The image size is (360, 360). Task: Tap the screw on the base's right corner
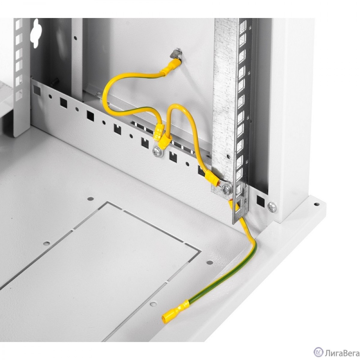coord(272,207)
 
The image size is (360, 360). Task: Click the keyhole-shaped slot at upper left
coord(36,33)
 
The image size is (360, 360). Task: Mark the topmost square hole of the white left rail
coord(19,24)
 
